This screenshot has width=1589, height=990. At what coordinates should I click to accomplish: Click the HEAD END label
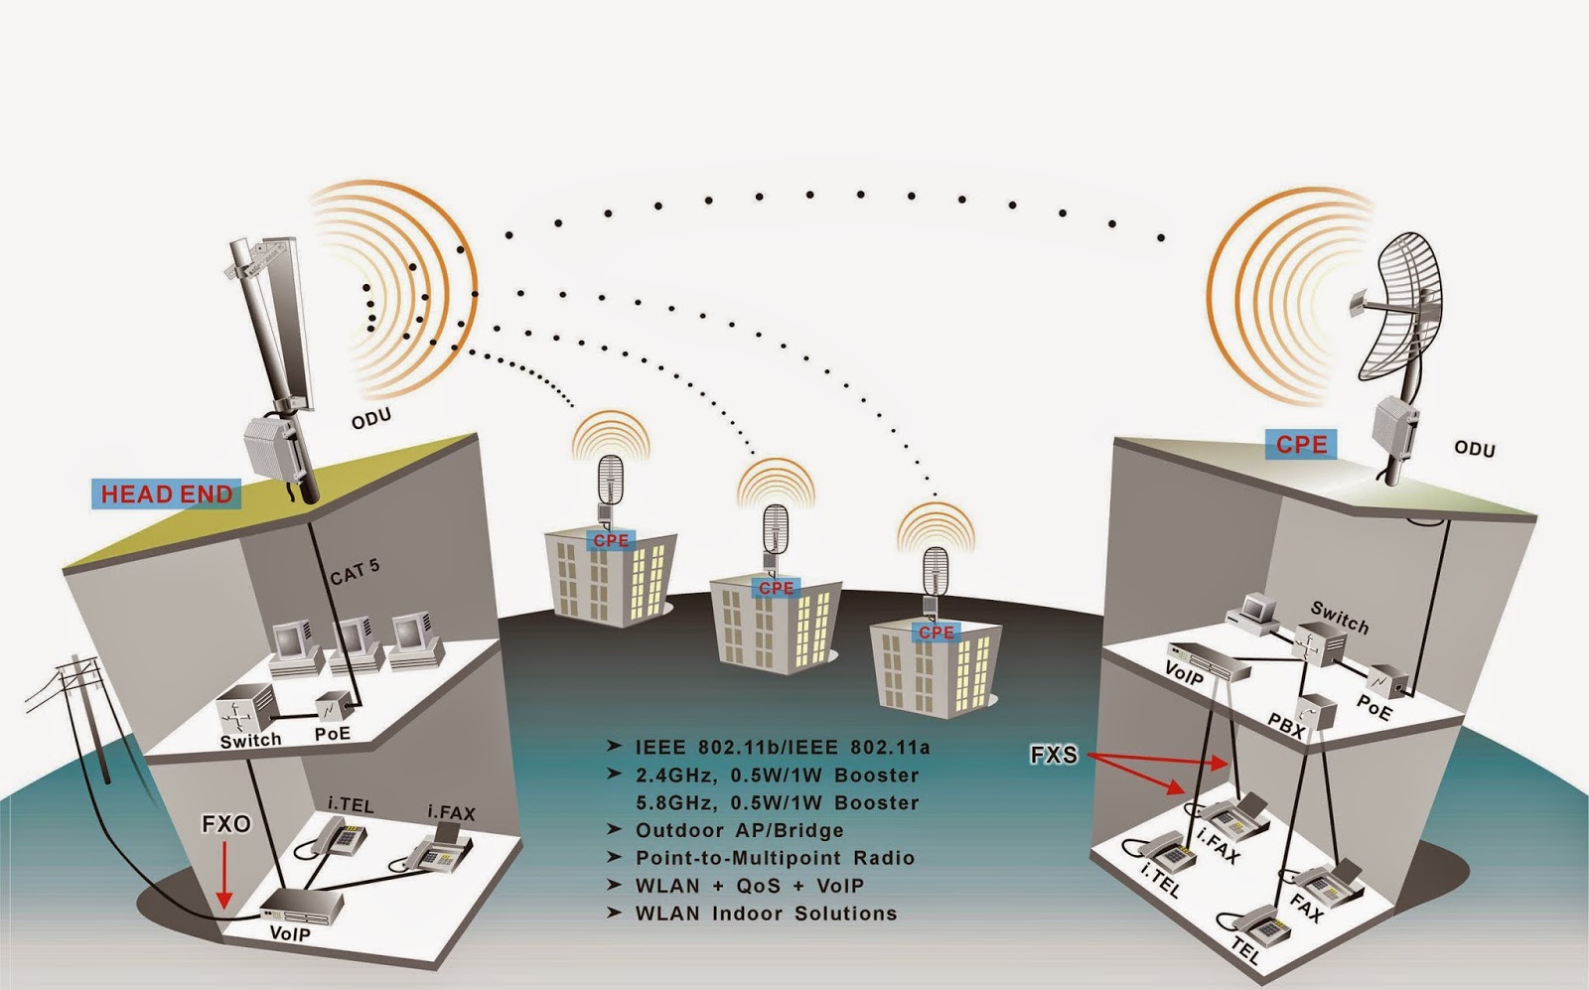pos(167,494)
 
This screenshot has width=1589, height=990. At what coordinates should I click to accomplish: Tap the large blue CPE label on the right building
pos(1301,444)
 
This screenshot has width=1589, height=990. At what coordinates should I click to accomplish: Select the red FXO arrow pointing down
pos(225,874)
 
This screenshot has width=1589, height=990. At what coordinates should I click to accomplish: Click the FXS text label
pos(1054,755)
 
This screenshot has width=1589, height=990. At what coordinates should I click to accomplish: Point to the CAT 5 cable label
pos(355,572)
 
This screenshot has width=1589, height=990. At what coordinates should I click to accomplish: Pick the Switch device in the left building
pos(244,708)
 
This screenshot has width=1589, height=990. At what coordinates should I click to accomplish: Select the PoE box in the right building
pos(1386,681)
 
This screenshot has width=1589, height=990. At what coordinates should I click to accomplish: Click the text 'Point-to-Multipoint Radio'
pos(775,858)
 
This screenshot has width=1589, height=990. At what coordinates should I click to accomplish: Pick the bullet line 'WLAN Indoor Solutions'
pos(765,914)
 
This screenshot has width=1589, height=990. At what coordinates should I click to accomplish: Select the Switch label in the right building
pos(1339,617)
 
